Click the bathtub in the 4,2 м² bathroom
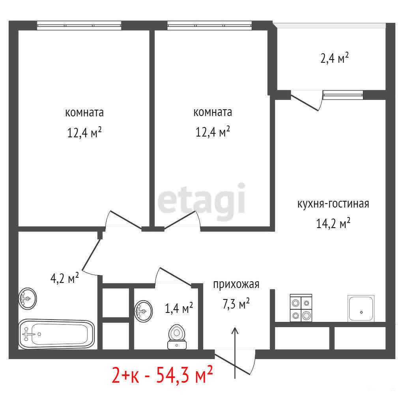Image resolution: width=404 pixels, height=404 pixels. (x=57, y=334)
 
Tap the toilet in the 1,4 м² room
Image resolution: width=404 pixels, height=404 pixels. (x=177, y=337)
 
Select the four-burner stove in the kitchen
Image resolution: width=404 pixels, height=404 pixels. (x=301, y=308)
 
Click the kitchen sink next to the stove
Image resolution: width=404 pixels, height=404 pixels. (x=361, y=308)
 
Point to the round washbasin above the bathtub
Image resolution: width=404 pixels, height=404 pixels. (x=28, y=299)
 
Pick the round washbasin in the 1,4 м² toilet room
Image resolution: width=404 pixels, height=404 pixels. (x=143, y=311)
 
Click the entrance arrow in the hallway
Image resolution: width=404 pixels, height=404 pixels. (x=235, y=353)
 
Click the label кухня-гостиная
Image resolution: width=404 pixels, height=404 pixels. (x=333, y=204)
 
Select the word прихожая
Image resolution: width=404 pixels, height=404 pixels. (x=236, y=284)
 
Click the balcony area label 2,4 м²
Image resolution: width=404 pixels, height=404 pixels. (x=335, y=58)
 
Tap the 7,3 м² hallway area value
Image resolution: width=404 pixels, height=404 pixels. (x=236, y=303)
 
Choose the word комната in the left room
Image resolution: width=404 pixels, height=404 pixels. (x=84, y=113)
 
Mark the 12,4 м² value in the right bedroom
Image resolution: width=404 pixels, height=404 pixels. (x=213, y=132)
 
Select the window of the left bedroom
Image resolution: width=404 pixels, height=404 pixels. (x=79, y=25)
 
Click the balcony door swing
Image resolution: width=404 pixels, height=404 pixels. (x=307, y=101)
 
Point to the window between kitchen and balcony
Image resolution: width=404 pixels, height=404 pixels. (x=343, y=95)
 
